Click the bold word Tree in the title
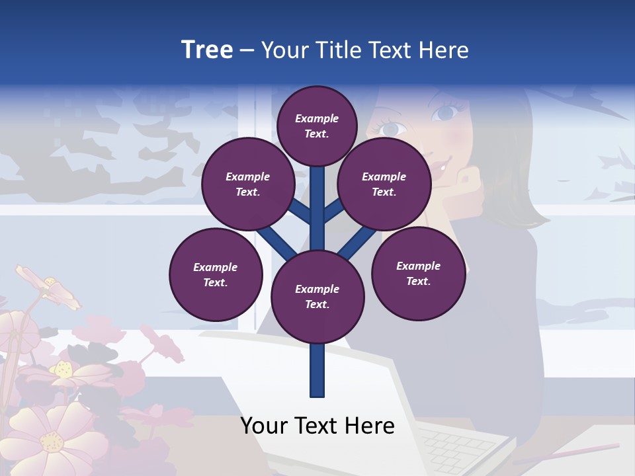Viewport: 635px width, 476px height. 207,50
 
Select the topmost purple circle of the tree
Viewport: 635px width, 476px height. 317,126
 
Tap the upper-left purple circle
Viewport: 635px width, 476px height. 248,184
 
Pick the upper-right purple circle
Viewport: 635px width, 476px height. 384,184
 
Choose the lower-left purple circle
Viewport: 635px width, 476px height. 216,274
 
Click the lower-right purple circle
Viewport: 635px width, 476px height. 419,273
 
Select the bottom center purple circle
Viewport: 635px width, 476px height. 317,297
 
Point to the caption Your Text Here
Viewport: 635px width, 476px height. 317,426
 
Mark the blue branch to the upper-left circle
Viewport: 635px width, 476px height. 302,212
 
